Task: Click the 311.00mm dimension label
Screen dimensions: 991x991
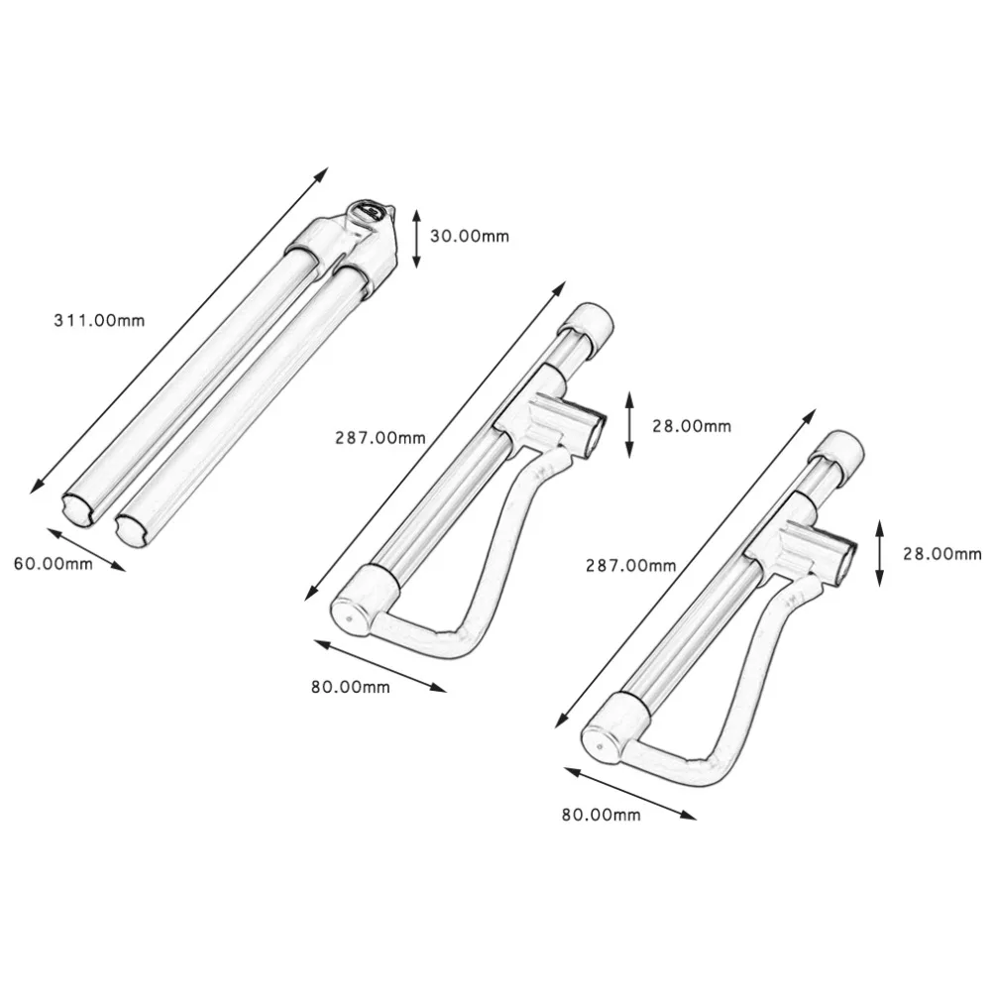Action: click(x=98, y=320)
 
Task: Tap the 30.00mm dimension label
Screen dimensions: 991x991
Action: click(x=470, y=236)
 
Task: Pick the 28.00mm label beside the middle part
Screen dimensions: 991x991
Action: click(x=691, y=426)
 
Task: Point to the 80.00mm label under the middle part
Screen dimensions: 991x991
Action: click(x=349, y=687)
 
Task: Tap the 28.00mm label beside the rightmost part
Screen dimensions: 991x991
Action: click(x=941, y=554)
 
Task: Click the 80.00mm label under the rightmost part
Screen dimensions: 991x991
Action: click(x=601, y=815)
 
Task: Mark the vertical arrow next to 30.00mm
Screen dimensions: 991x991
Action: click(x=417, y=238)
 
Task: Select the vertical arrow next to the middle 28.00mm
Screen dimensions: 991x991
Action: click(x=629, y=424)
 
